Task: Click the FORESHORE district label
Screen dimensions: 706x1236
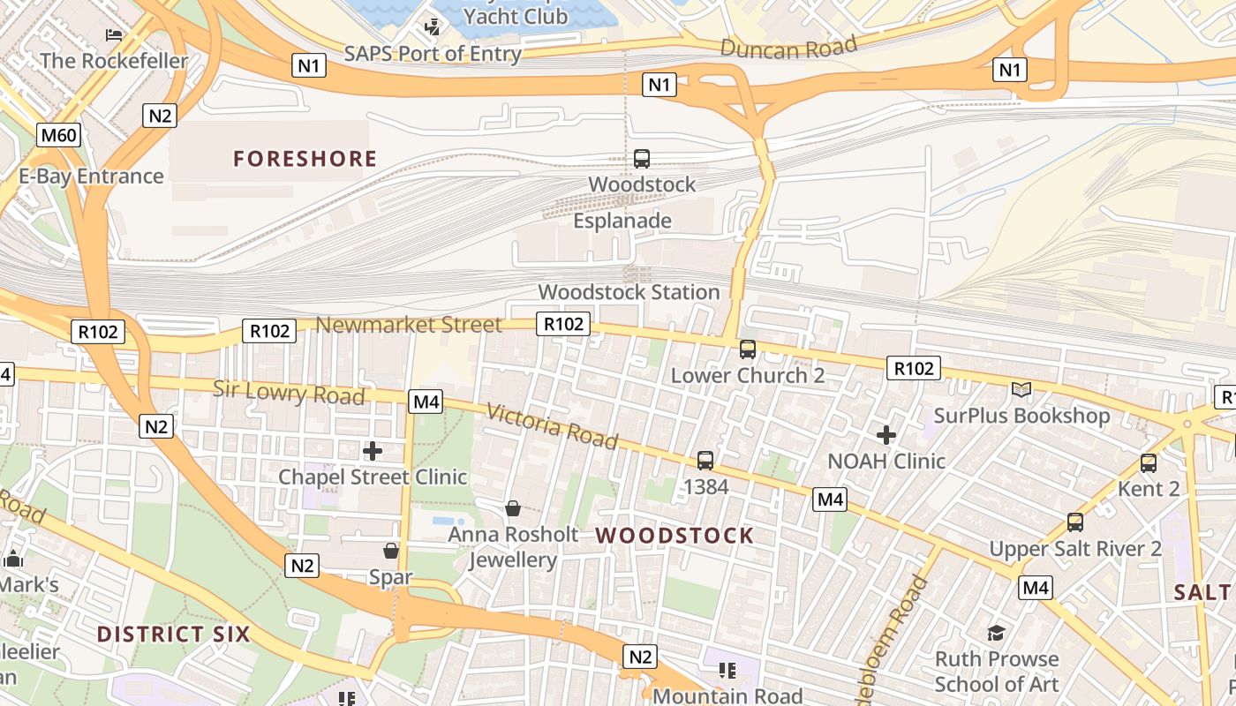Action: coord(305,159)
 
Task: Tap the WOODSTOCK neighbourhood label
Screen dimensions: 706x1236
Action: coord(675,536)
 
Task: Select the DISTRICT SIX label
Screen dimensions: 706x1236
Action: coord(173,634)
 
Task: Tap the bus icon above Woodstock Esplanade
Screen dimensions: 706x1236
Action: coord(642,159)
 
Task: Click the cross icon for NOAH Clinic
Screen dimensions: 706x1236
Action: coord(886,435)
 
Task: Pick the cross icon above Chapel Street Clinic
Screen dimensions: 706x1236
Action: coord(373,451)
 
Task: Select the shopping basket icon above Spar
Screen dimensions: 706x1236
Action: coord(391,551)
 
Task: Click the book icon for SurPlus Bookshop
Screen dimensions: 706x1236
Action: coord(1021,389)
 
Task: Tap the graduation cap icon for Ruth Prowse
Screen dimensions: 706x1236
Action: coord(996,633)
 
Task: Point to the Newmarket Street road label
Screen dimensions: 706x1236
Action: coord(409,325)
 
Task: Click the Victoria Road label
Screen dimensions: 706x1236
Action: coord(552,426)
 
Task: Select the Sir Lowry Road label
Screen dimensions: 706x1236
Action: coord(289,393)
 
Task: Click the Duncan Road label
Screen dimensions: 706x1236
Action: coord(788,47)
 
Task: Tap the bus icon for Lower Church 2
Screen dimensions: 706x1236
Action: coord(748,349)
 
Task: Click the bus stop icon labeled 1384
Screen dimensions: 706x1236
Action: coord(705,460)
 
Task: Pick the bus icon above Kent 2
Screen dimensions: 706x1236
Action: coord(1148,462)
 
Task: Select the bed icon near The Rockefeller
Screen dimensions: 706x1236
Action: coord(114,35)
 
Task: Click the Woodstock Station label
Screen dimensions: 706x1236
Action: coord(629,292)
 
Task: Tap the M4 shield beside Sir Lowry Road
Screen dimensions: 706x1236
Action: coord(426,402)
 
